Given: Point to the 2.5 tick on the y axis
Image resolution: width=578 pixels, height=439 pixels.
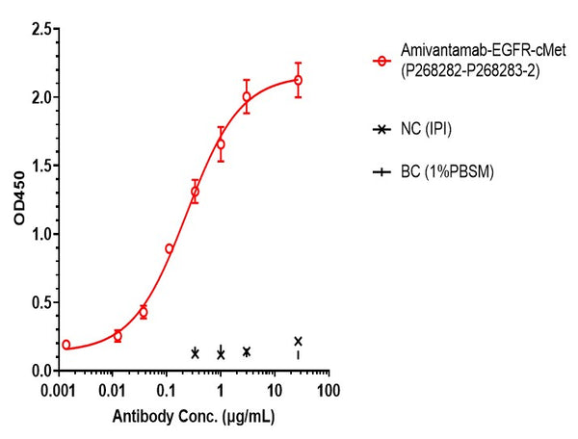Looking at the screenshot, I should (40, 29).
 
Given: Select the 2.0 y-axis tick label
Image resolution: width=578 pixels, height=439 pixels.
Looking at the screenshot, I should (40, 97).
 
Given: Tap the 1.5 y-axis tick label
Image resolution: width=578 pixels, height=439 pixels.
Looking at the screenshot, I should (40, 166).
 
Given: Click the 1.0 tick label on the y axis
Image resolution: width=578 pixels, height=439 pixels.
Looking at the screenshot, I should (40, 234).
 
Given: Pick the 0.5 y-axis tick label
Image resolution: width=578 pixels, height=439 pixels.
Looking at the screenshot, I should (40, 302).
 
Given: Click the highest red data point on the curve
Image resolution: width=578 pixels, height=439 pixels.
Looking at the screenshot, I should (298, 80).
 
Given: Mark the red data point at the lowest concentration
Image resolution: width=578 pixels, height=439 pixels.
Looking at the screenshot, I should (66, 344).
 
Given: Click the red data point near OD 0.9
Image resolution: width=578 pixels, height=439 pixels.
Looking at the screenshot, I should (170, 248).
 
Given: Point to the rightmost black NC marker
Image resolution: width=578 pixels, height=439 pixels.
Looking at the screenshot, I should (298, 341).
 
